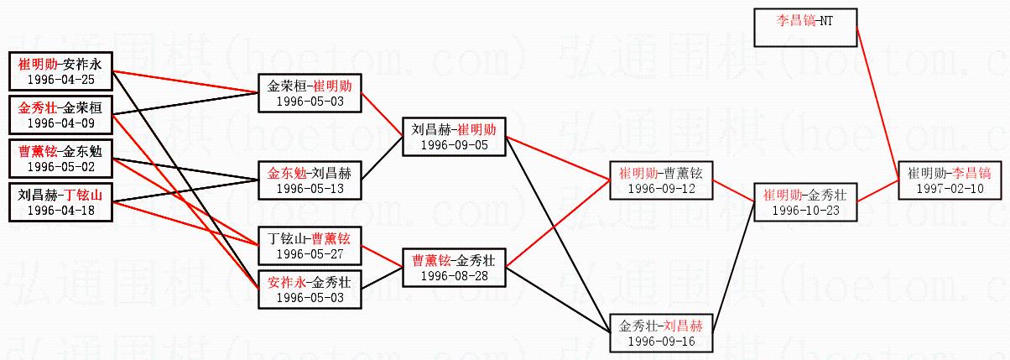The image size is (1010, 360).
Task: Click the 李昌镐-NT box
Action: click(804, 27)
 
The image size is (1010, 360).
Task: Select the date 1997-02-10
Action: click(950, 189)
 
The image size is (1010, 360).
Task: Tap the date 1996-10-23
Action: click(804, 211)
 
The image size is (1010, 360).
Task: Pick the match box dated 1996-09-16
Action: click(660, 333)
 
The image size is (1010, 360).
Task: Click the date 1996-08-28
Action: click(454, 276)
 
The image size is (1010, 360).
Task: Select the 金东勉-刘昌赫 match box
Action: click(310, 181)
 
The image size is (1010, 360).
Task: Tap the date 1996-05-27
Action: click(310, 254)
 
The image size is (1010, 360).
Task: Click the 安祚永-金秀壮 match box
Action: click(310, 290)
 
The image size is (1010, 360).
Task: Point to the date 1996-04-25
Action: click(60, 80)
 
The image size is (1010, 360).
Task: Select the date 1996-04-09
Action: click(60, 123)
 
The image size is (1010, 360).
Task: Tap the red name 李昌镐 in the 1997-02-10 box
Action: click(971, 173)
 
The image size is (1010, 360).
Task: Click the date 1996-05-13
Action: click(310, 189)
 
